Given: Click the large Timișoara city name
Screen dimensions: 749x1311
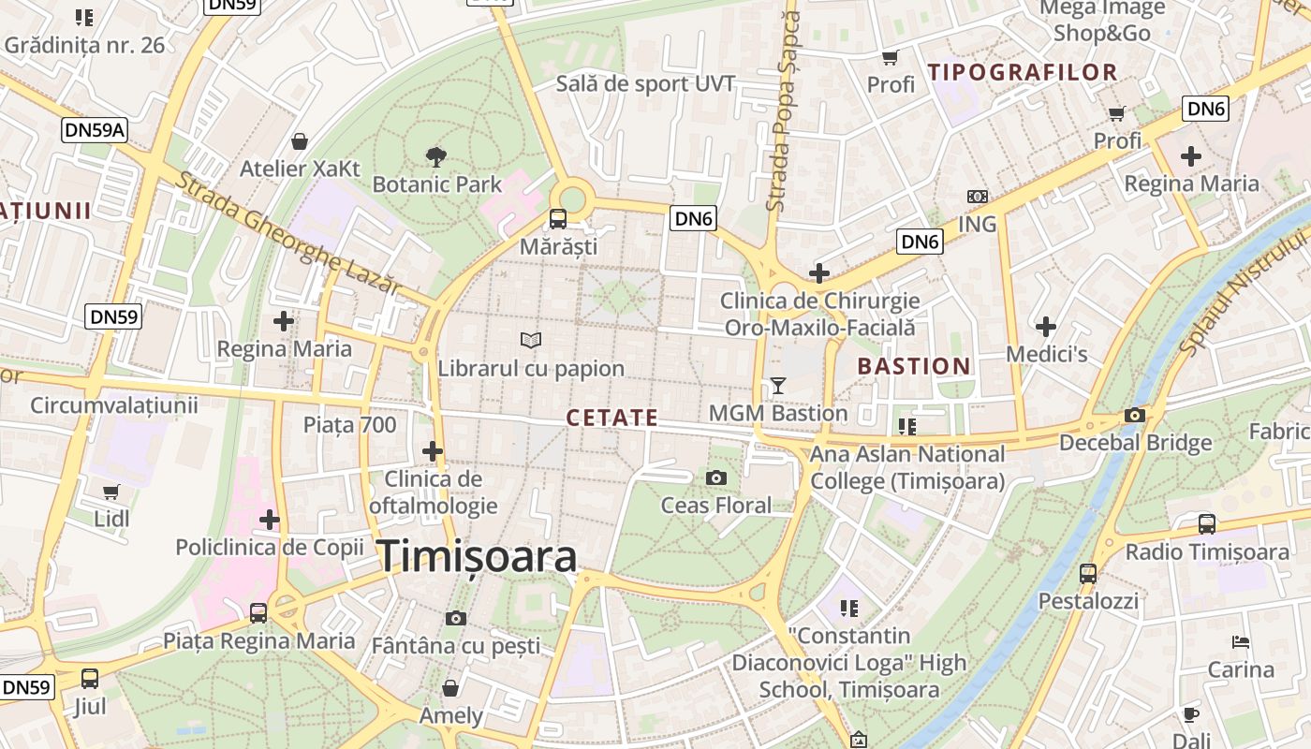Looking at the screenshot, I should click(478, 557).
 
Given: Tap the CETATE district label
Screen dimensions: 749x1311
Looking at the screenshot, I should click(612, 418).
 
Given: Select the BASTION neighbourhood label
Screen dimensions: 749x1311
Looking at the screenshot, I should click(914, 366).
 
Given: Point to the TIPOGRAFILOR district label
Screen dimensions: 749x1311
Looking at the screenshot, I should click(1023, 72).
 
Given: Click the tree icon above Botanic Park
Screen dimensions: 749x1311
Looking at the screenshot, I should click(435, 155).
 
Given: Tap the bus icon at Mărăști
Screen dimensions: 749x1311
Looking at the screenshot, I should click(558, 220).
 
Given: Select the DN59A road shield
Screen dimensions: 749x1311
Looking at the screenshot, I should click(95, 130).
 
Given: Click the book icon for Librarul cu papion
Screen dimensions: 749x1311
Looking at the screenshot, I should click(531, 340).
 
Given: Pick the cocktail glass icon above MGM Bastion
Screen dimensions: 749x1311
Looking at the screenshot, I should click(777, 385).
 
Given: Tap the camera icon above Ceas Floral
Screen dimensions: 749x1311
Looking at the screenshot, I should click(716, 478).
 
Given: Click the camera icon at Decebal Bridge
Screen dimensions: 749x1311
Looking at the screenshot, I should click(1135, 416).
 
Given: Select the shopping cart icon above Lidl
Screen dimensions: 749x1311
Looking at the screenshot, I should click(111, 492).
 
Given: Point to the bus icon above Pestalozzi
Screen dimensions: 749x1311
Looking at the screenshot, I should click(1087, 573).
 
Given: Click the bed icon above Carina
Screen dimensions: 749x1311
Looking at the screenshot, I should click(1241, 642).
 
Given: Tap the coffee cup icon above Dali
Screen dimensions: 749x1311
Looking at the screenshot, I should click(1190, 713).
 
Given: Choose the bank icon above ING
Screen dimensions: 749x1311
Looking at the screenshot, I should click(977, 197).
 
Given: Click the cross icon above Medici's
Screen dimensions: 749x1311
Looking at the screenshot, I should click(1046, 327).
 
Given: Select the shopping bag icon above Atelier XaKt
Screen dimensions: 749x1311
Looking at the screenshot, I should click(300, 141).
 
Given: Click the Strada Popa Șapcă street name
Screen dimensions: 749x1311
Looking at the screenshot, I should click(783, 110).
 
